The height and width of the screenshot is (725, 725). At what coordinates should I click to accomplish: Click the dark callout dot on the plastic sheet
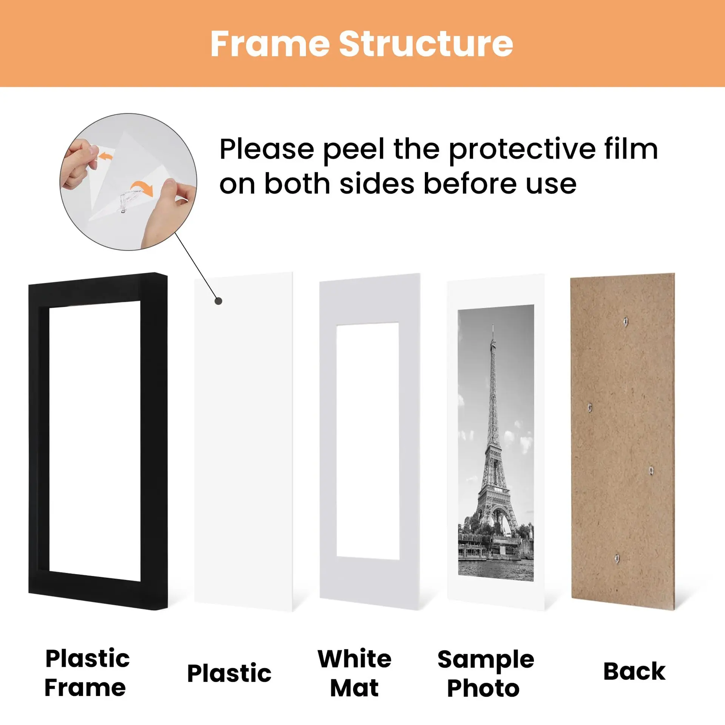tap(218, 301)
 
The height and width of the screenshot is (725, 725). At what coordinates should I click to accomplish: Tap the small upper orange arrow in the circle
tap(105, 156)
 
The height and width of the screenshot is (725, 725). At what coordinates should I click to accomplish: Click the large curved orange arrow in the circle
tap(143, 187)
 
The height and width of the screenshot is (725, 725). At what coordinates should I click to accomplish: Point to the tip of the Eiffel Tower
tap(493, 325)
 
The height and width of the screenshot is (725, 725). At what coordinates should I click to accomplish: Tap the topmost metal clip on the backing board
tap(626, 322)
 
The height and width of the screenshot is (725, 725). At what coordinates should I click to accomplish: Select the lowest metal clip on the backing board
tap(617, 557)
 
